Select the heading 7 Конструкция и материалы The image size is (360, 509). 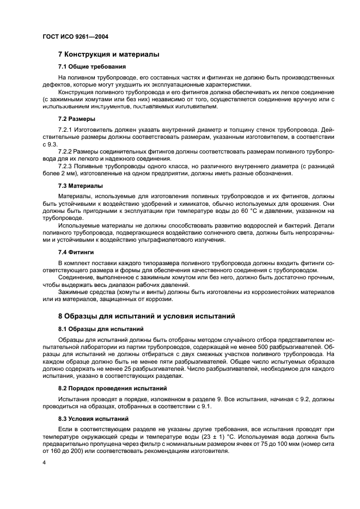coord(108,55)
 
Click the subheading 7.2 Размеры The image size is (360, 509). coord(77,119)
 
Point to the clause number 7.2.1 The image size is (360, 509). coord(67,131)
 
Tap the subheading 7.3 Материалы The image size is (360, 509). coord(80,186)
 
